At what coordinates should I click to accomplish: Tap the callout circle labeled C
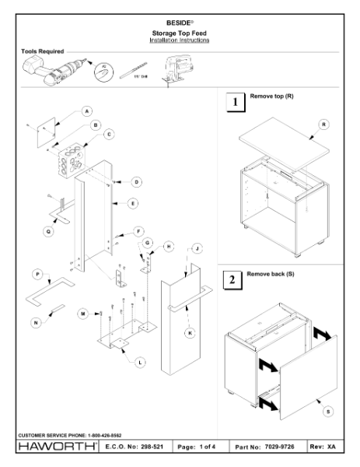pyautogui.click(x=108, y=134)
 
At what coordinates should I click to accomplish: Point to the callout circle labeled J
pyautogui.click(x=197, y=248)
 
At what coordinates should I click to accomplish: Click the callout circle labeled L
pyautogui.click(x=139, y=361)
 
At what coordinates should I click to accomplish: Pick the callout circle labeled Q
pyautogui.click(x=48, y=230)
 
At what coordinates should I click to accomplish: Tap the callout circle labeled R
pyautogui.click(x=323, y=125)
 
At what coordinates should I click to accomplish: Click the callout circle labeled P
pyautogui.click(x=37, y=274)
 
